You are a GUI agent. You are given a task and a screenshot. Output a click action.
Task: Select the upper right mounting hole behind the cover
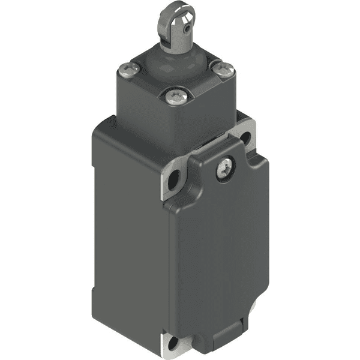pos(245,139)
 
